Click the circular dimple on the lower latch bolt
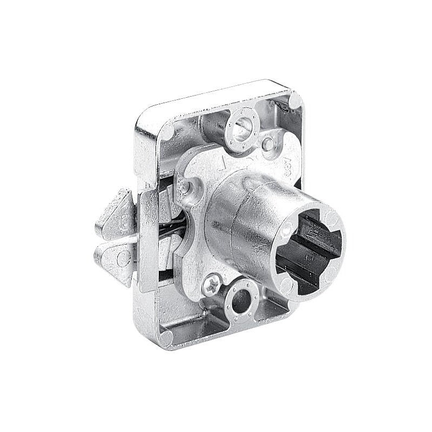(x=123, y=255)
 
